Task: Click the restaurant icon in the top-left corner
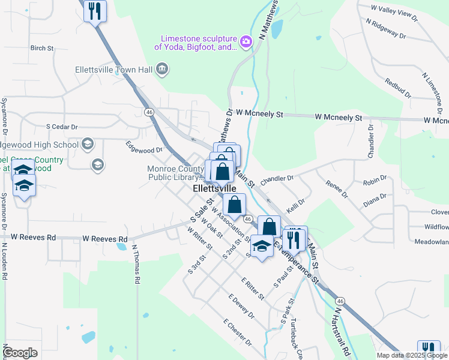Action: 95,11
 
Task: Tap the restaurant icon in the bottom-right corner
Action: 429,350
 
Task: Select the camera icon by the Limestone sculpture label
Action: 245,41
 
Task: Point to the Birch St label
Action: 42,47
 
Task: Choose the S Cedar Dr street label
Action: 62,127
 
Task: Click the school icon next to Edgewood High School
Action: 88,143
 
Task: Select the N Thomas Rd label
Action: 136,264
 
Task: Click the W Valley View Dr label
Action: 394,12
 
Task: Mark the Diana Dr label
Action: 375,200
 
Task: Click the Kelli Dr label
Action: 297,205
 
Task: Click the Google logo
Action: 20,353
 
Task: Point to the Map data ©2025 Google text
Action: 411,355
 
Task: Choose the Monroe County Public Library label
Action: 173,173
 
